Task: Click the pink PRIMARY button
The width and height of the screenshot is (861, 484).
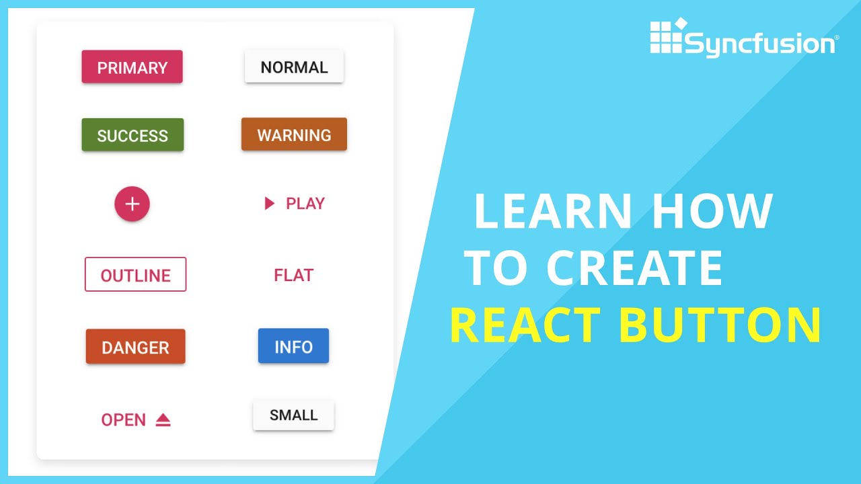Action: (x=132, y=67)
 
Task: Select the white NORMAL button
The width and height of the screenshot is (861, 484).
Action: (x=294, y=67)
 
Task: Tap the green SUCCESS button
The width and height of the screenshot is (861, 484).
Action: (x=133, y=135)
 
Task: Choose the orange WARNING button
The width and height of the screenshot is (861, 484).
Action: (x=294, y=134)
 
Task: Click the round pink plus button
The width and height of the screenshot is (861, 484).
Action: (x=132, y=204)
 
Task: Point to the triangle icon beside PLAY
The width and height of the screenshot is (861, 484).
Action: (x=270, y=204)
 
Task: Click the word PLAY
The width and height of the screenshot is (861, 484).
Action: (x=305, y=204)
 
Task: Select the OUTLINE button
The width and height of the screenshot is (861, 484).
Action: (x=135, y=274)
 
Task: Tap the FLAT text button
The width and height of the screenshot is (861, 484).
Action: (x=294, y=275)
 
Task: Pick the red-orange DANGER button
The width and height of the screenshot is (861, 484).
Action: (x=135, y=347)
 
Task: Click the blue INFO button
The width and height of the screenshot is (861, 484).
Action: (x=293, y=346)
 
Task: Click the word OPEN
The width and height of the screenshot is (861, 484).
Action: (x=123, y=420)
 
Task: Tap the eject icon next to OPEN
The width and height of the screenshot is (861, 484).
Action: (x=163, y=420)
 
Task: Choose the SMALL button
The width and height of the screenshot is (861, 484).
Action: (x=293, y=415)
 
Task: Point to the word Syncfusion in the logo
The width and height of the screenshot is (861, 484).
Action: (x=760, y=44)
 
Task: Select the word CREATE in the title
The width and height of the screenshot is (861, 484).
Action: (x=634, y=268)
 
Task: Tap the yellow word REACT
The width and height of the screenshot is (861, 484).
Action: (x=525, y=325)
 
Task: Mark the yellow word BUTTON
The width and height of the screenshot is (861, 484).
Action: (x=720, y=325)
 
